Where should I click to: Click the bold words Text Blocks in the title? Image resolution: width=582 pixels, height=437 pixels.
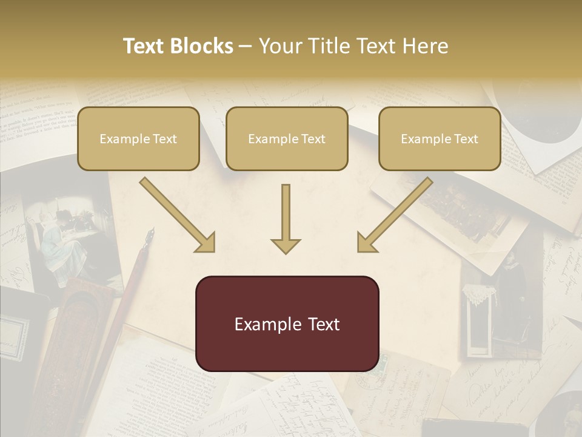click(178, 46)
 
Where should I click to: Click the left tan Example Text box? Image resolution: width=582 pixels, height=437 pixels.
click(138, 138)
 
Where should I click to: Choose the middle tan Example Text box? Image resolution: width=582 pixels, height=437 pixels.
click(287, 138)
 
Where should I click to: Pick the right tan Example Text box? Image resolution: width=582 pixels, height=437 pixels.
click(440, 138)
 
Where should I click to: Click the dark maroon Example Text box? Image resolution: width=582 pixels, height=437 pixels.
click(287, 324)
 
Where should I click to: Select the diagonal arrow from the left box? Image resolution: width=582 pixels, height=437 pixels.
click(176, 213)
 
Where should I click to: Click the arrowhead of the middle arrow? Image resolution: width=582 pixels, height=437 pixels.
click(286, 245)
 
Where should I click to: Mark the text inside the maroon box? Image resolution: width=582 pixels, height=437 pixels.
click(287, 324)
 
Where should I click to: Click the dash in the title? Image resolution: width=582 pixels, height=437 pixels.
click(246, 46)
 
